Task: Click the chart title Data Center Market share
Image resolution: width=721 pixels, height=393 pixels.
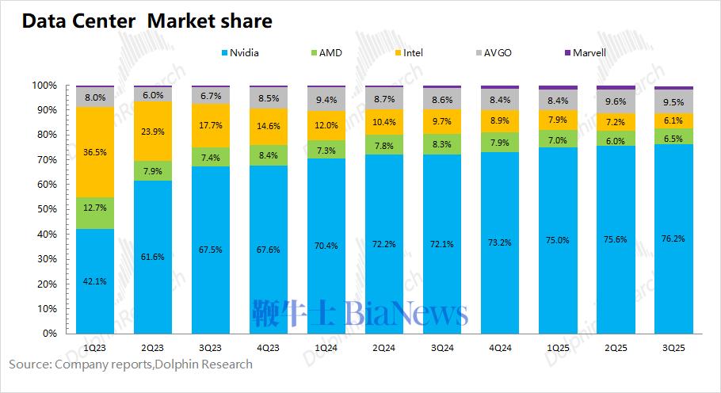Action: (147, 21)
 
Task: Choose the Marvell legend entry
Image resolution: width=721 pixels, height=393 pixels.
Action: (586, 53)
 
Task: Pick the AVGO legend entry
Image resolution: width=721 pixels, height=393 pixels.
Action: (496, 53)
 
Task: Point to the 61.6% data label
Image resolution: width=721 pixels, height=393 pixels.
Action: (153, 257)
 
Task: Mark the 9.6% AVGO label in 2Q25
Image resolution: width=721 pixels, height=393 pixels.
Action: (616, 101)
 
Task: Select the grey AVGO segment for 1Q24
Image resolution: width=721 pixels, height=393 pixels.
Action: (326, 99)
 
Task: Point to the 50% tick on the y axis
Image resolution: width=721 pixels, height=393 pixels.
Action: (46, 209)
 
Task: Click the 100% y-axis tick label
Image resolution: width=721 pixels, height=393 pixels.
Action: (44, 85)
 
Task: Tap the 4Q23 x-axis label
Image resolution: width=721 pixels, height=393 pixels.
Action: (269, 347)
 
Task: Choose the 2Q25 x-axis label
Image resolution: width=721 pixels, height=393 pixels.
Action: (616, 347)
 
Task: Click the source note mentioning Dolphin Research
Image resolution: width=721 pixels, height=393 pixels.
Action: (131, 364)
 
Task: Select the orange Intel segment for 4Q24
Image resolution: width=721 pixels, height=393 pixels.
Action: (500, 120)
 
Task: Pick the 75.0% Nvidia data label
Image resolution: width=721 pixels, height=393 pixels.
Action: (558, 241)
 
